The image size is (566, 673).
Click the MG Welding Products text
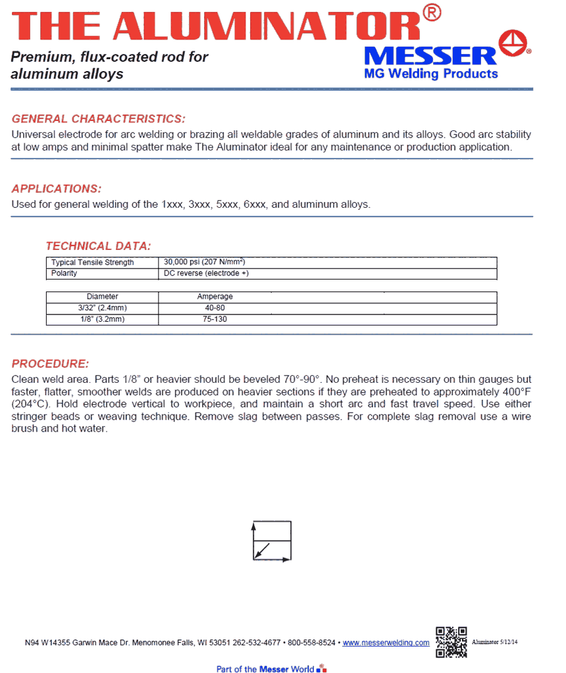pyautogui.click(x=431, y=74)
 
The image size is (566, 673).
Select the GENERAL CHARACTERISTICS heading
pyautogui.click(x=99, y=119)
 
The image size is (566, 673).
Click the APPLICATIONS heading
pyautogui.click(x=57, y=189)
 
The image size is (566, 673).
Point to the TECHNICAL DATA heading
pyautogui.click(x=98, y=246)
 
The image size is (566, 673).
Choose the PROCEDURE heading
pyautogui.click(x=50, y=364)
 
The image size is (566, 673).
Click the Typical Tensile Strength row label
pyautogui.click(x=93, y=262)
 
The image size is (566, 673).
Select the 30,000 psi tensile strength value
pyautogui.click(x=204, y=262)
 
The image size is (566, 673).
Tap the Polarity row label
pyautogui.click(x=64, y=273)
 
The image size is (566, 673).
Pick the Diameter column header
pyautogui.click(x=103, y=297)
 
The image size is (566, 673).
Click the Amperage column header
pyautogui.click(x=215, y=297)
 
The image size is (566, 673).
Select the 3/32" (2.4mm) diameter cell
pyautogui.click(x=103, y=308)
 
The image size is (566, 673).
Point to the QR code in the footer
pyautogui.click(x=451, y=641)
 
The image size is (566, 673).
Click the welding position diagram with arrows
pyautogui.click(x=272, y=541)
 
